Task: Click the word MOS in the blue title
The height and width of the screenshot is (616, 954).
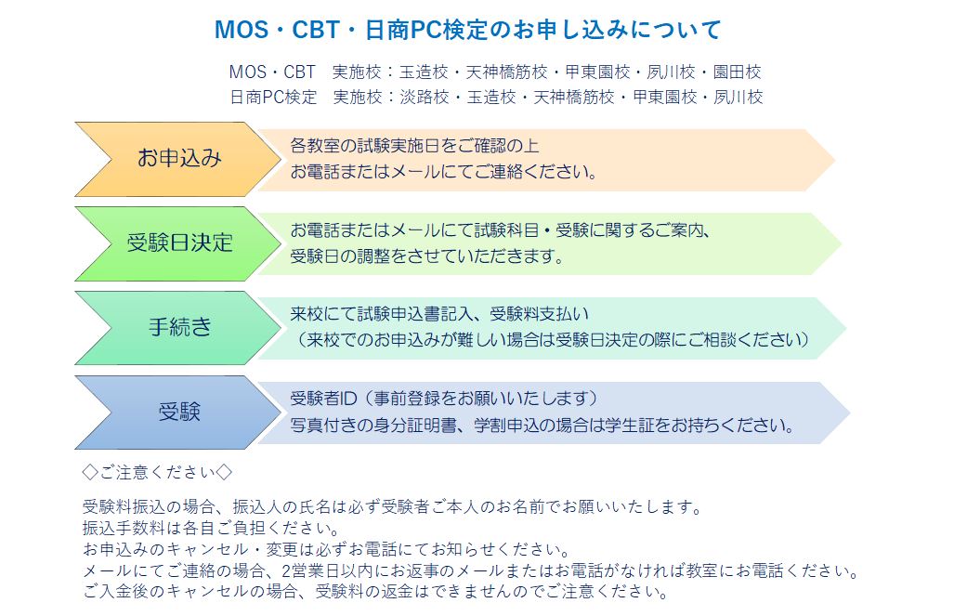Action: (x=242, y=29)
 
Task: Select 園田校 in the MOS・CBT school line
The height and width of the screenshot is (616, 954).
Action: (x=737, y=72)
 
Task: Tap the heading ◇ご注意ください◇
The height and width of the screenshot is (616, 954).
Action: (x=157, y=472)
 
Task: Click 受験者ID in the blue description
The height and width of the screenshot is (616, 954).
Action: (x=323, y=398)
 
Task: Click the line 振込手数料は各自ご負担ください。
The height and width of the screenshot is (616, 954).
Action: (x=211, y=528)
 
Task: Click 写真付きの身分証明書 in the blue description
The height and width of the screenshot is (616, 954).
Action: (x=372, y=425)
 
